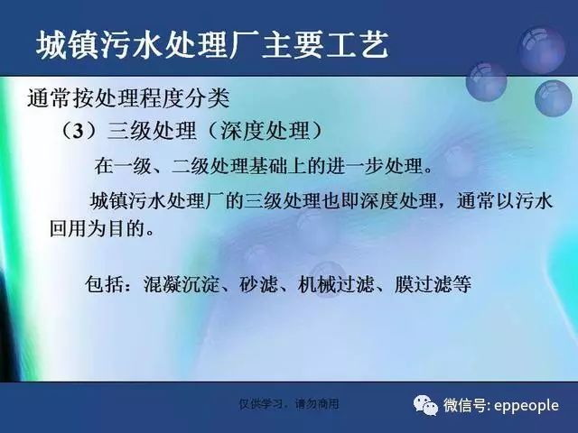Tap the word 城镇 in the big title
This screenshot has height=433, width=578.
pos(68,46)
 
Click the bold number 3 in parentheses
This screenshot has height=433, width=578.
pos(78,131)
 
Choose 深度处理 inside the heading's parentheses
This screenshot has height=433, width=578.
pos(265,131)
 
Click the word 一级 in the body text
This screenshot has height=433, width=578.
pos(133,166)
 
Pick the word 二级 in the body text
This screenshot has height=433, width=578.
pos(191,166)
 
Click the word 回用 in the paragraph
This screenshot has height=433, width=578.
pos(69,228)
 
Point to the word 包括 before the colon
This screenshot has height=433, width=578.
pos(104,284)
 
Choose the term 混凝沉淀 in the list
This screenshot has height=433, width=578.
pos(181,284)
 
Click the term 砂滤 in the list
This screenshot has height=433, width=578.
pos(258,284)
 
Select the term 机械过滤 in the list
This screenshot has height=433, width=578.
pos(335,284)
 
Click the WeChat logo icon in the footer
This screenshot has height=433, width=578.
pos(425,405)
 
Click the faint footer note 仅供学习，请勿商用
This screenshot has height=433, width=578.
pos(289,404)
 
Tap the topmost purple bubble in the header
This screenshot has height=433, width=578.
pos(541,50)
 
